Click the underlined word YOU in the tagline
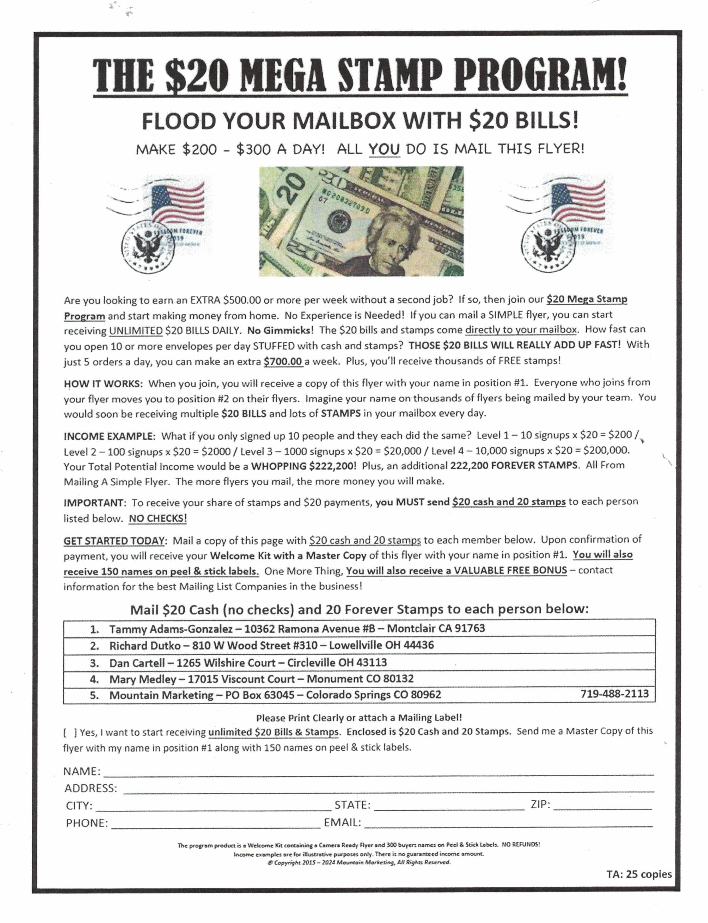pos(384,149)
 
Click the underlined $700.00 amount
pos(283,361)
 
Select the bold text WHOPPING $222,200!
pos(303,466)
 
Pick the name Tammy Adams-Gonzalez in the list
pos(171,629)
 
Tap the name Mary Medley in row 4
pos(143,679)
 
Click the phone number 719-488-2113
pos(614,694)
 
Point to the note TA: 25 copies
pos(639,874)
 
